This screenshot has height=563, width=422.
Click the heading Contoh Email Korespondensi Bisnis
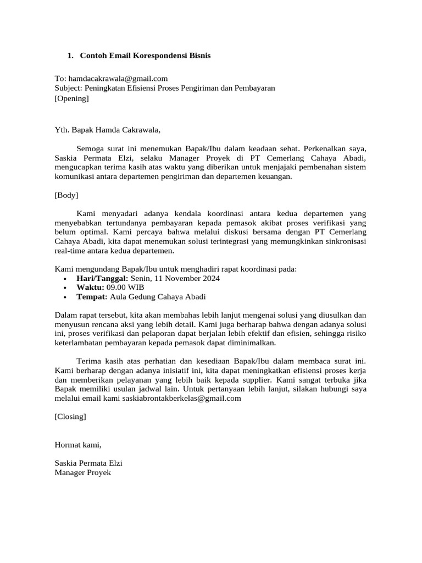(145, 56)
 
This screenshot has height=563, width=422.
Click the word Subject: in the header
(68, 88)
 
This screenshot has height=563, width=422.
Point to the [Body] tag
(66, 195)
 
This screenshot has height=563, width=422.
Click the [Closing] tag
(70, 416)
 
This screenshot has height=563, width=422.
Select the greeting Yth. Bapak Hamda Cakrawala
(108, 130)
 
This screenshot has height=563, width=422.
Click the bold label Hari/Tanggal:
(102, 279)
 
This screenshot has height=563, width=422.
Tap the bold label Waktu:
(90, 288)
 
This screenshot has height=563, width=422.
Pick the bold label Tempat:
(92, 297)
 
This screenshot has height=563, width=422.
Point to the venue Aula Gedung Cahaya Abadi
(158, 297)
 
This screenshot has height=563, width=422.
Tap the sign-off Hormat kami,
(78, 445)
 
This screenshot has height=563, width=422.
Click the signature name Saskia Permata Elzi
(88, 463)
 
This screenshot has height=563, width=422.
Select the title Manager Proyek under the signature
(82, 473)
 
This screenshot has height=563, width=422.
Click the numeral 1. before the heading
(70, 56)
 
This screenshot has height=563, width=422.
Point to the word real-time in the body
(73, 251)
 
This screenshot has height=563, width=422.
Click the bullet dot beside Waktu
(65, 288)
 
